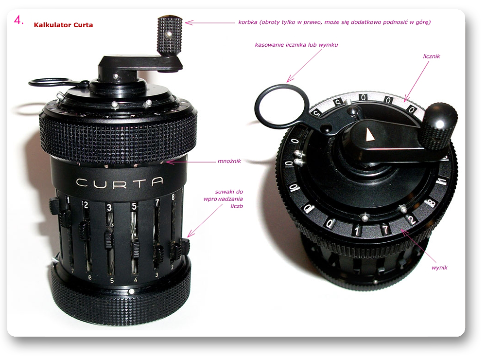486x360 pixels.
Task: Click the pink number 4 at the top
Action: click(19, 20)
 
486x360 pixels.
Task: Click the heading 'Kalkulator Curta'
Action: click(63, 25)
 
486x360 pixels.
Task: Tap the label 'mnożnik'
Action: click(229, 161)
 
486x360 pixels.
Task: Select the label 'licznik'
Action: click(432, 56)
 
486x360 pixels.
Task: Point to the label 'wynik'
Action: click(439, 268)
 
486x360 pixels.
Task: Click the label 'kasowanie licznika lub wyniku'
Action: click(296, 45)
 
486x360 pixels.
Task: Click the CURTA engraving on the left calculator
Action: click(120, 182)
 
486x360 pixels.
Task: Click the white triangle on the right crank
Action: click(370, 135)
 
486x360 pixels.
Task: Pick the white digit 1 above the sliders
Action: click(68, 201)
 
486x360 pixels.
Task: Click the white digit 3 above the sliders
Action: click(109, 207)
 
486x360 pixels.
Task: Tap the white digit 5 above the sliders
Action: click(134, 207)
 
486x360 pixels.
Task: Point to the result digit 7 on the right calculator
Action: click(385, 230)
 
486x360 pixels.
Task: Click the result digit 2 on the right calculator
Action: click(411, 220)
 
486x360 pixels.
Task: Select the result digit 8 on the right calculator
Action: click(431, 203)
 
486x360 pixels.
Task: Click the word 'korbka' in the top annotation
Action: click(248, 22)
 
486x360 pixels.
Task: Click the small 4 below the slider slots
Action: click(136, 280)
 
